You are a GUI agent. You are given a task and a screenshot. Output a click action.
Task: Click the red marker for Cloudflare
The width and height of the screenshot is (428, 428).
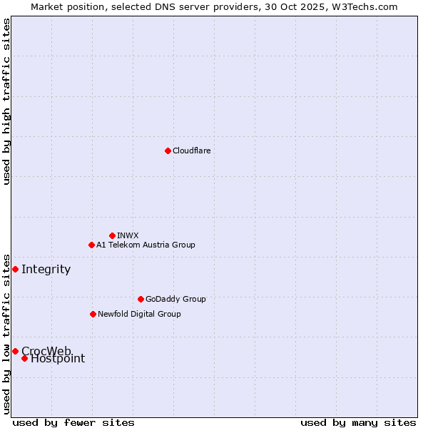[x=168, y=151]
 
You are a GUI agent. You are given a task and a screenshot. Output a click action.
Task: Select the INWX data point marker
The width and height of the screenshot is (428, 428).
[x=112, y=235]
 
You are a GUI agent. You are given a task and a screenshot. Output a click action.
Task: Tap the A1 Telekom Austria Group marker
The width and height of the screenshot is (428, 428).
[x=91, y=245]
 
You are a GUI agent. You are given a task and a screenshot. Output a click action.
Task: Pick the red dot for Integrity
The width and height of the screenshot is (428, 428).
[x=15, y=269]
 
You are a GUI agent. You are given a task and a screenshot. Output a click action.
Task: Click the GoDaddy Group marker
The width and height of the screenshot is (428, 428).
[x=141, y=299]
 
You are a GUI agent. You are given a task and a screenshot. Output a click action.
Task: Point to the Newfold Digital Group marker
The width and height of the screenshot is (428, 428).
[x=93, y=314]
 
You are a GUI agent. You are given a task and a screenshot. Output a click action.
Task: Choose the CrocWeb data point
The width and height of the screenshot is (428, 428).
[x=15, y=351]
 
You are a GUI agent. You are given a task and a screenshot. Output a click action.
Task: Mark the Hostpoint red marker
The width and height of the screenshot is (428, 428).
[x=24, y=358]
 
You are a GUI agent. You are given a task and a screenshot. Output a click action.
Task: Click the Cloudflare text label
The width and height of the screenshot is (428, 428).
[x=191, y=151]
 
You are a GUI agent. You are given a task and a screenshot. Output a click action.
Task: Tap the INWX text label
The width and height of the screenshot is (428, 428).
[x=128, y=235]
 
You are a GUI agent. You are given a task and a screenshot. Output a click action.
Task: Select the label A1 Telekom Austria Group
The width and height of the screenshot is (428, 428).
[x=146, y=245]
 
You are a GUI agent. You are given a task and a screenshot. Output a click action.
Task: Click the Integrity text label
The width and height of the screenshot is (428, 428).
[x=46, y=269]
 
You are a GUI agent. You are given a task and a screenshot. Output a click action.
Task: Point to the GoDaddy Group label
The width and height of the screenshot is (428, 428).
[x=175, y=299]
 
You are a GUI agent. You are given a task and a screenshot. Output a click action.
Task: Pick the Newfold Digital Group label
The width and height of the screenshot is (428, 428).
[x=139, y=314]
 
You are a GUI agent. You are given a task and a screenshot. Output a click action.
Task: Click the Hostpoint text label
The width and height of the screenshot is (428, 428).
[x=58, y=359]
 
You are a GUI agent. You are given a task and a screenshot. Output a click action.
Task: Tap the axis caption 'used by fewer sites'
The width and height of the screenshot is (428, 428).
[x=73, y=422]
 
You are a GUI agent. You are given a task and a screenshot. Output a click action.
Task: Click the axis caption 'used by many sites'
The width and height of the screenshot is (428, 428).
[x=358, y=422]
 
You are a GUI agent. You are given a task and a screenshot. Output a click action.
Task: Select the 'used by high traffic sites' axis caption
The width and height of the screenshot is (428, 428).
[x=6, y=101]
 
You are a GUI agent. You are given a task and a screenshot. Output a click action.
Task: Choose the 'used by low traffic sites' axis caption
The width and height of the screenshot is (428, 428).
[x=6, y=333]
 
